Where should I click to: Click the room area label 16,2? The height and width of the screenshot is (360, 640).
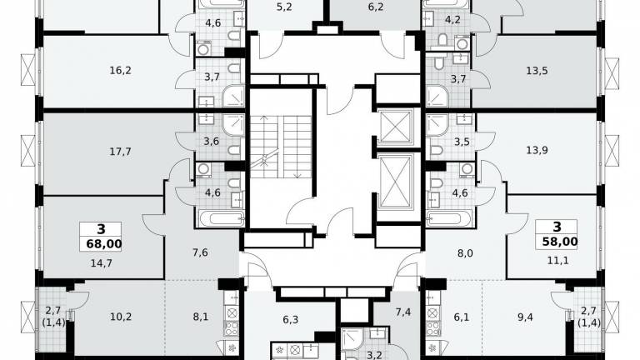(120, 71)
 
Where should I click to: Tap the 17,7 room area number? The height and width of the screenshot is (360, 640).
(120, 152)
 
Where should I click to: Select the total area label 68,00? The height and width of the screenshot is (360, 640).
(104, 244)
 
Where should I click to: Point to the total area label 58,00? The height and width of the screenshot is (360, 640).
(560, 242)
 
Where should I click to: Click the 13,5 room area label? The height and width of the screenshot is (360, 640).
(537, 71)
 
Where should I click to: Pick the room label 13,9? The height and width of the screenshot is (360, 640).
(537, 150)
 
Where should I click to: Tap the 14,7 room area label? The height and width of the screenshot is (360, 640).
(101, 263)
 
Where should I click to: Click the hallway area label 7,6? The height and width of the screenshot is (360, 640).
(200, 252)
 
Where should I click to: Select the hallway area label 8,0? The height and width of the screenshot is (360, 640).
(465, 253)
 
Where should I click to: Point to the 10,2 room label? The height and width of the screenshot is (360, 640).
(121, 317)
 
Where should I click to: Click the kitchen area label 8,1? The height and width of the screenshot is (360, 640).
(200, 317)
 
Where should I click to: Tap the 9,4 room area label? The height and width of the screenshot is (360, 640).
(525, 317)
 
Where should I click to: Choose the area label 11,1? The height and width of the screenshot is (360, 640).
(557, 260)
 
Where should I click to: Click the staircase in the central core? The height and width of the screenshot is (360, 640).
(281, 147)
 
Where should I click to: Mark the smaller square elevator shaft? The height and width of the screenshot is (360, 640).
(395, 127)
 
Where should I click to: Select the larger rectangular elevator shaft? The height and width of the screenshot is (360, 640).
(395, 182)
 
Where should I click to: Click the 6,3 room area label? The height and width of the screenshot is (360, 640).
(290, 320)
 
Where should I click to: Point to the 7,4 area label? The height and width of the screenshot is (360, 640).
(402, 312)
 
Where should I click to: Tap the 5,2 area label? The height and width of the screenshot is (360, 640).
(284, 7)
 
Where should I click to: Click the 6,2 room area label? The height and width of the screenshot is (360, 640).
(376, 7)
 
